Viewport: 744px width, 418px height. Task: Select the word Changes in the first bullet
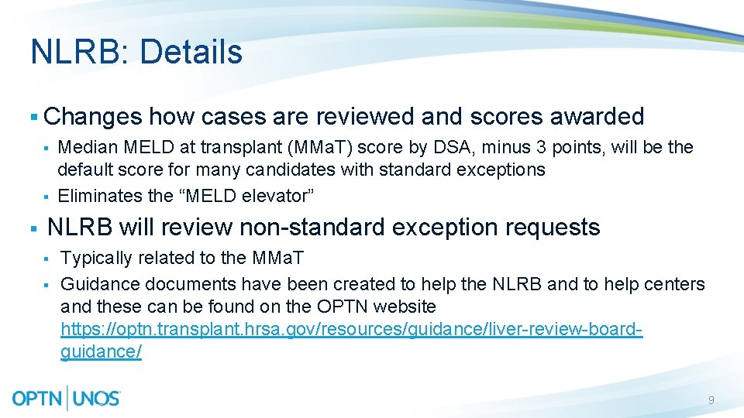(x=93, y=117)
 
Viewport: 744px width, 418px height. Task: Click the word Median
(x=86, y=147)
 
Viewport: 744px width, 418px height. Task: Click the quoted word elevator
(x=264, y=196)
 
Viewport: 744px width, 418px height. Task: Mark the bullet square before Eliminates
(x=46, y=197)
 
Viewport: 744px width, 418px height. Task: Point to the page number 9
(x=711, y=400)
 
